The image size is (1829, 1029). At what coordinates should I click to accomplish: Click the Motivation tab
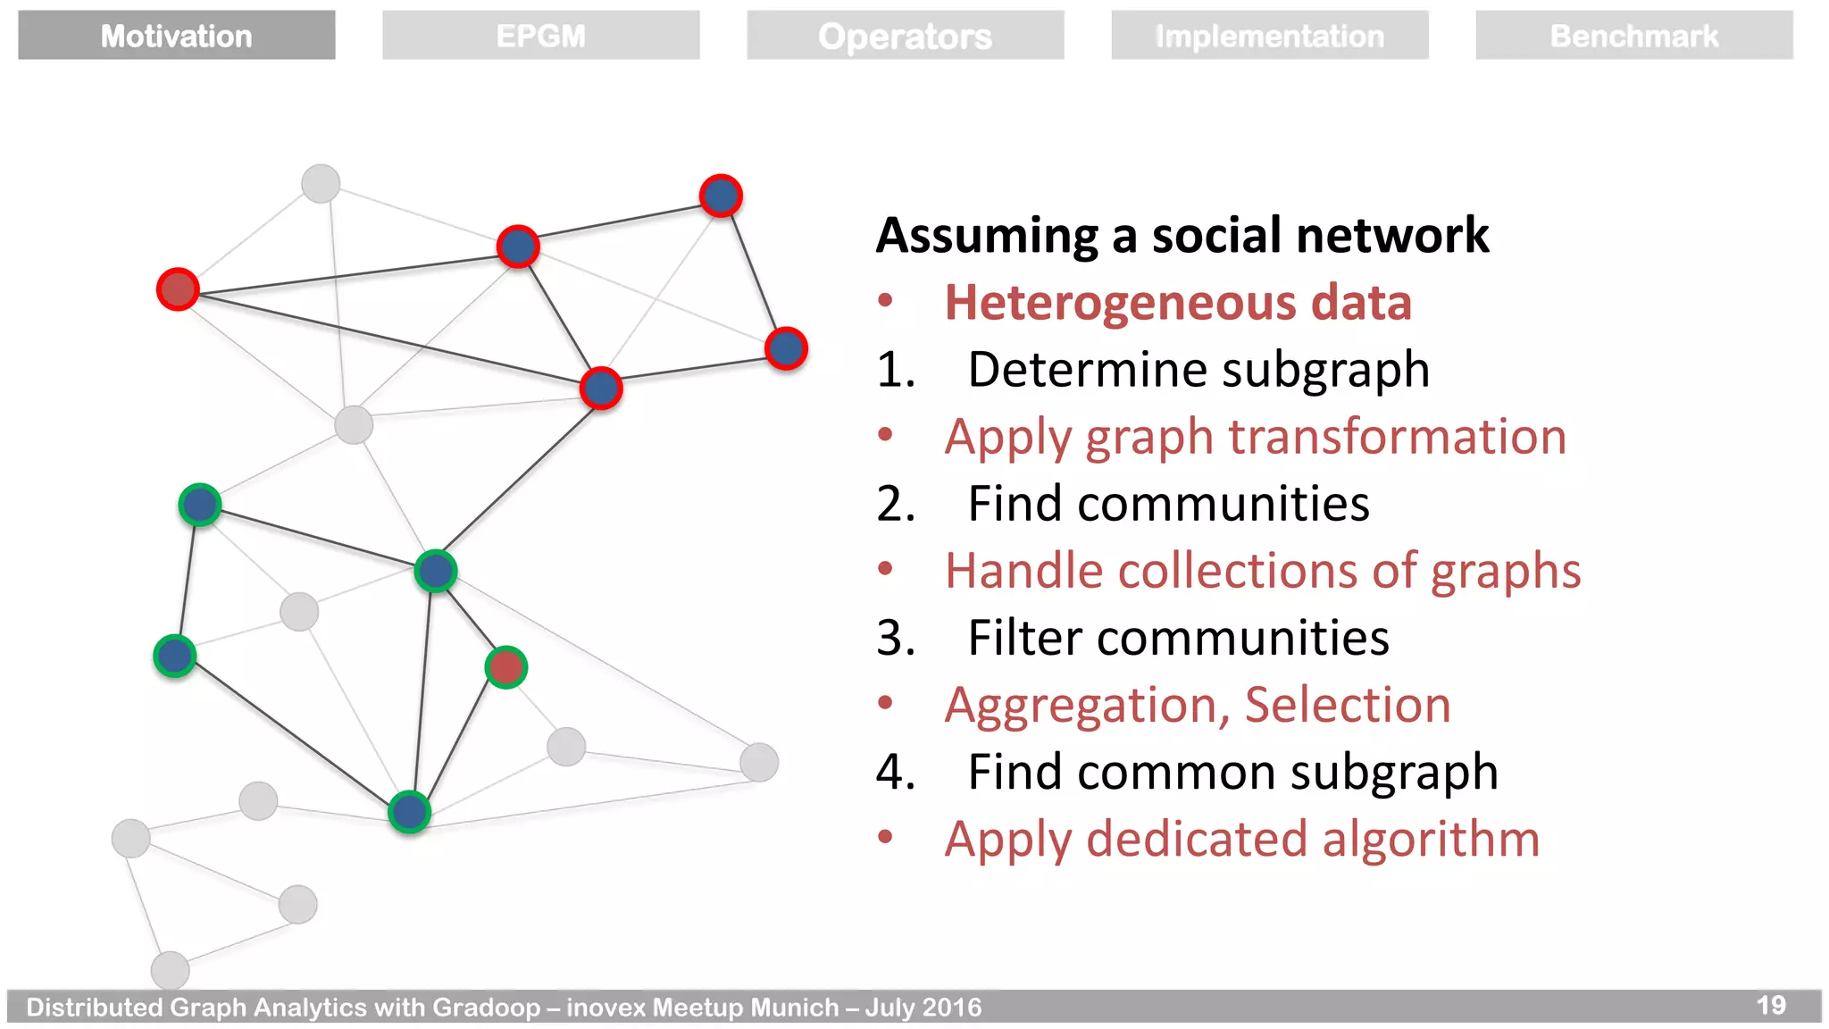[176, 36]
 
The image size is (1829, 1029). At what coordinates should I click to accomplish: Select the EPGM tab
[540, 36]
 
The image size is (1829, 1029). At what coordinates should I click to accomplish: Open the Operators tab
[905, 36]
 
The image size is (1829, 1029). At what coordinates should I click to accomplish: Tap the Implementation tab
[1269, 36]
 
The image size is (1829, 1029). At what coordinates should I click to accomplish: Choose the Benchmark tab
[1633, 36]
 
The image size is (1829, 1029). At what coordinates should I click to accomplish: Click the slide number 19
[1771, 1005]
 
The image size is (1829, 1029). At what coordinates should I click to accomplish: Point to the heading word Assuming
[987, 236]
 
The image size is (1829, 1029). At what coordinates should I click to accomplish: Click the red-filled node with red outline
[178, 289]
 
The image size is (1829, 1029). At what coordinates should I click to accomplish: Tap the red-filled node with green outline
[506, 667]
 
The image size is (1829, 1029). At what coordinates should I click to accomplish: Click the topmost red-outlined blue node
[721, 196]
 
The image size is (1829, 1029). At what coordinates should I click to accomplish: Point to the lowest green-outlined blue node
[410, 812]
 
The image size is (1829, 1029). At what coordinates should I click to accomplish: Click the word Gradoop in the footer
[487, 1008]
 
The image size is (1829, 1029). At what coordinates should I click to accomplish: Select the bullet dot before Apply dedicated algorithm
[885, 837]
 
